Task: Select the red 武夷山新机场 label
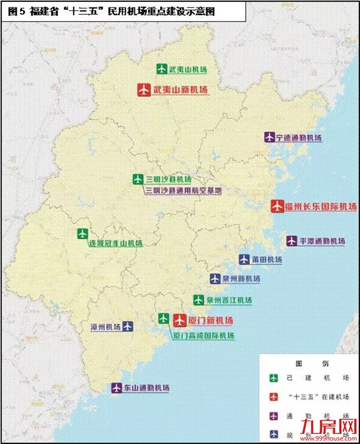[x=180, y=90]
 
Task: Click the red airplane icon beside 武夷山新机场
[x=144, y=90]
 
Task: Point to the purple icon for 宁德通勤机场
[x=269, y=138]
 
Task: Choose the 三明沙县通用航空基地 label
[x=183, y=190]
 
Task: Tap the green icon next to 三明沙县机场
[x=137, y=179]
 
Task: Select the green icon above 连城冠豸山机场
[x=82, y=233]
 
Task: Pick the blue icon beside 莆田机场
[x=244, y=260]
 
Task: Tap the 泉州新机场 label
[x=241, y=279]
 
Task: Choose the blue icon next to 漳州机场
[x=128, y=327]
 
